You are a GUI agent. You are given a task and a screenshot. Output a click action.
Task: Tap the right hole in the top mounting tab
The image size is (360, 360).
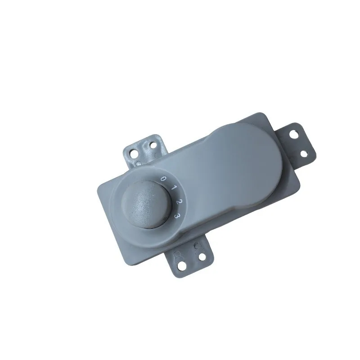tap(153, 145)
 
